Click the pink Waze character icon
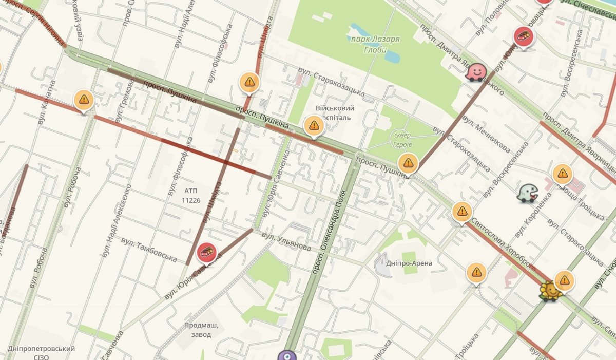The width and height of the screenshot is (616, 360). tap(476, 72)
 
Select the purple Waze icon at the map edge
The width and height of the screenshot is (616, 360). tap(287, 356)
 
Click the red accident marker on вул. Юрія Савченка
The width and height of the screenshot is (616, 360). tap(206, 252)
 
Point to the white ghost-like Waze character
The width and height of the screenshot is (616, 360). tap(527, 193)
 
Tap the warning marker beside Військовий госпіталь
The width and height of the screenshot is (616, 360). tap(314, 125)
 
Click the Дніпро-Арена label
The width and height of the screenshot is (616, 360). tap(410, 263)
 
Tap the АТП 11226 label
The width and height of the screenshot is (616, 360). tap(190, 196)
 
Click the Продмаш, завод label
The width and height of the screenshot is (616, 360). tap(201, 329)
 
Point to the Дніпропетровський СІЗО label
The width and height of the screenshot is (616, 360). tap(42, 352)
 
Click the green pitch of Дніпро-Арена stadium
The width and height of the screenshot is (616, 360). tap(409, 255)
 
